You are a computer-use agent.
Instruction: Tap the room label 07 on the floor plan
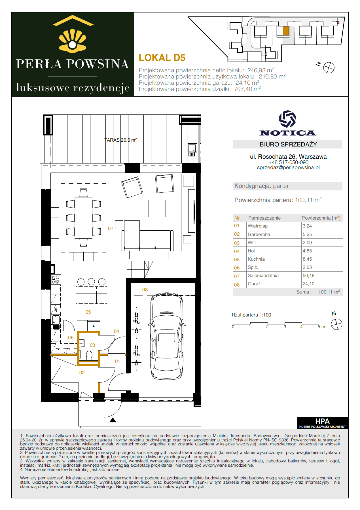pos(111,228)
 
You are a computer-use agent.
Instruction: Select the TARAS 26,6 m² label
pos(120,140)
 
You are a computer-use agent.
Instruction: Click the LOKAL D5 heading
pos(162,58)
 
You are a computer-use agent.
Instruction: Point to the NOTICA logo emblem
pos(288,119)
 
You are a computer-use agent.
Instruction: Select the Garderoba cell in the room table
pos(259,234)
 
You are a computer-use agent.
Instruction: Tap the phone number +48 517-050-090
pos(288,162)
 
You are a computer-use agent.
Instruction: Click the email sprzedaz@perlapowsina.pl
pos(288,167)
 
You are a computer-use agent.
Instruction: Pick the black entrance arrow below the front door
pos(113,420)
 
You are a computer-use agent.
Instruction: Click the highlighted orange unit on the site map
pos(286,31)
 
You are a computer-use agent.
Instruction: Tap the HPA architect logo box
pos(322,423)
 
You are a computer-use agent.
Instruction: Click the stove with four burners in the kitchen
pos(56,279)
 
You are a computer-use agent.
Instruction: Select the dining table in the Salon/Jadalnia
pos(83,218)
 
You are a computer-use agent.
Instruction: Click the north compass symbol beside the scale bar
pos(336,324)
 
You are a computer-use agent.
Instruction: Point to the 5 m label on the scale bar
pos(321,327)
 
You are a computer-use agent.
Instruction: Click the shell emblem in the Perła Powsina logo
pos(73,41)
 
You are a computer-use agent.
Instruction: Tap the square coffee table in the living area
pos(157,209)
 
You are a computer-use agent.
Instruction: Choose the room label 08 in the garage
pos(145,290)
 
